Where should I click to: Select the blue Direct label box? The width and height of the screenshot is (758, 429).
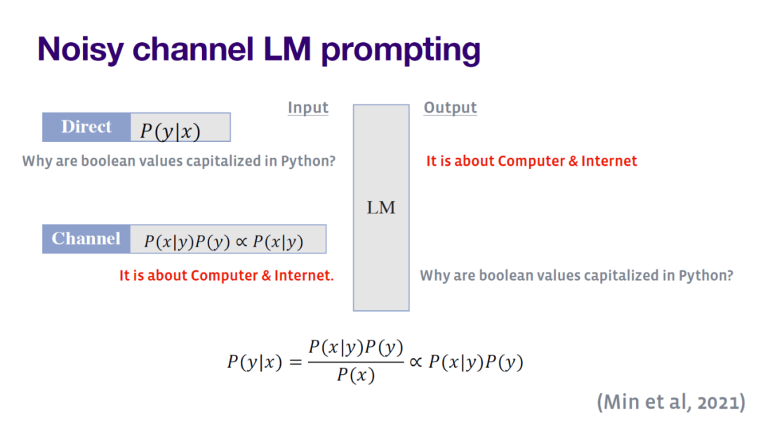point(86,127)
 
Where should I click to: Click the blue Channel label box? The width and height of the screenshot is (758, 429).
point(86,239)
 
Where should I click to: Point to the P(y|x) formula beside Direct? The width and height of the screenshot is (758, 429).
point(170,131)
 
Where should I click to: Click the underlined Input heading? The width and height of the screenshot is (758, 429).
point(307,107)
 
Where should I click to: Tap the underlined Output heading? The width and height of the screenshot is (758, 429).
point(450,107)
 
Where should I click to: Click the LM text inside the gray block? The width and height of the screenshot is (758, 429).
point(381,208)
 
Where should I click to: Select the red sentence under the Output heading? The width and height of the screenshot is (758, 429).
point(531,161)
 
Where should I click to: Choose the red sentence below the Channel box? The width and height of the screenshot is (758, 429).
point(226,275)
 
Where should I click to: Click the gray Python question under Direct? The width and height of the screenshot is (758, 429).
point(178,161)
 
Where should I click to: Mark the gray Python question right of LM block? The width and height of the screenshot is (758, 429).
point(576,275)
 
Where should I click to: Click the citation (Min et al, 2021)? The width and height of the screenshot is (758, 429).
point(670,402)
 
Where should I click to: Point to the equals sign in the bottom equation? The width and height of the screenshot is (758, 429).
point(293,362)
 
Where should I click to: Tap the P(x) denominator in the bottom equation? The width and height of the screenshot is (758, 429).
point(355,376)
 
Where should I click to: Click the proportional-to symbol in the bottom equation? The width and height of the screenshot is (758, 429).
point(415,362)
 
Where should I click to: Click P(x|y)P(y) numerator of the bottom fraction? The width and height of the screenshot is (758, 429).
point(355,348)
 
